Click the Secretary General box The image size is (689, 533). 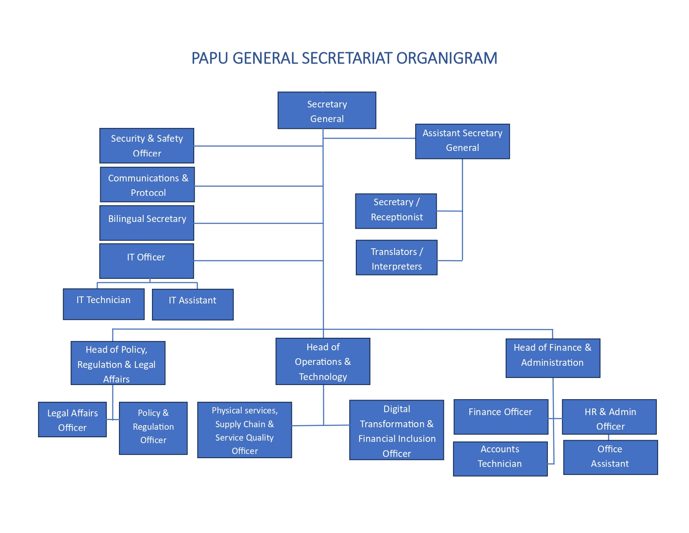point(327,110)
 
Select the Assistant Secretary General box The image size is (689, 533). point(462,141)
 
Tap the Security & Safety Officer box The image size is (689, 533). point(147,145)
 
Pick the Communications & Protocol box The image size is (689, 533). point(147,185)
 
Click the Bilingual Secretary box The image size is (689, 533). point(147,223)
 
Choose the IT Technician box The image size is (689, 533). point(104,304)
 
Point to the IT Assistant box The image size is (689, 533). point(193,304)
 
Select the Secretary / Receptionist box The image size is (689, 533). point(396,211)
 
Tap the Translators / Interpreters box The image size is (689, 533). point(396,258)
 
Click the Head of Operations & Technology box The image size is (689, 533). point(323,362)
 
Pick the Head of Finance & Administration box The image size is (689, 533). point(552,358)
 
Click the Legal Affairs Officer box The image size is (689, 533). point(72,420)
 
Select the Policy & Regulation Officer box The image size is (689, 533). point(153,428)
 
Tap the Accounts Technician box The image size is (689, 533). point(500,459)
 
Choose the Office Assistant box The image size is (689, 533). point(610,457)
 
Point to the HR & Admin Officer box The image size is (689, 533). point(609,417)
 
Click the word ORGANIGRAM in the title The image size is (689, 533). point(446,58)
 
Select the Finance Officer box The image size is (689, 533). point(500,417)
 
